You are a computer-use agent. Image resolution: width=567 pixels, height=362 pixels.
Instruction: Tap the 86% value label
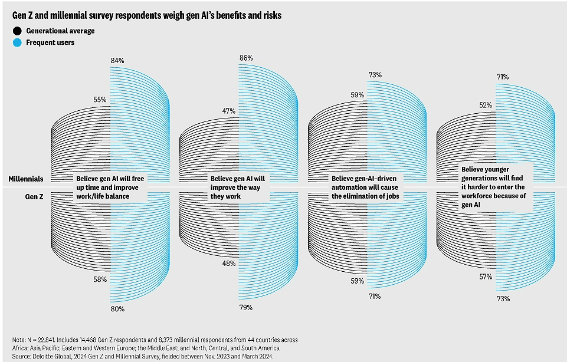click(x=246, y=58)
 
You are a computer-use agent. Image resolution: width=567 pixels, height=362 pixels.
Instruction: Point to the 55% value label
click(x=100, y=100)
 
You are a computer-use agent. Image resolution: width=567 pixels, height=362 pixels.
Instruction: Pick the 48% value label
click(x=228, y=263)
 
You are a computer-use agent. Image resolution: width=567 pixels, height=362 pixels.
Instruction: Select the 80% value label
click(x=117, y=308)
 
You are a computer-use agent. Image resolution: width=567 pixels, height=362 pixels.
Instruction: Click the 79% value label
click(x=246, y=307)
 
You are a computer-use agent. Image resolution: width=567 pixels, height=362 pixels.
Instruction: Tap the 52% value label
click(x=486, y=105)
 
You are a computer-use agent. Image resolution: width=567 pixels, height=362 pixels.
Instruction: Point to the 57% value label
click(x=486, y=277)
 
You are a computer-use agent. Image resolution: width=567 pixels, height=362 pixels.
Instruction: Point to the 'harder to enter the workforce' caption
click(x=496, y=187)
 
